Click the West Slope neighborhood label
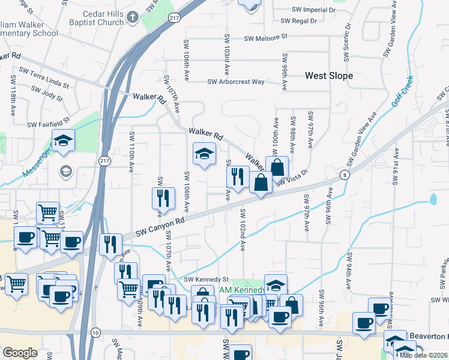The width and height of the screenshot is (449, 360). point(329,76)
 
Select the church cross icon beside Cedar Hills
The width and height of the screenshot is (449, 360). point(133,17)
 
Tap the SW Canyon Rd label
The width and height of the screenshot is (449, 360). point(158,226)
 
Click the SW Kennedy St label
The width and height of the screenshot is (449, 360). point(206,280)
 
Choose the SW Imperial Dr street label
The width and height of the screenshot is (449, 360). point(313,10)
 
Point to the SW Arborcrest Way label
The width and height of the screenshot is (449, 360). point(236,82)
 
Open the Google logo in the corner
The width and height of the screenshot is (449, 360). point(20,353)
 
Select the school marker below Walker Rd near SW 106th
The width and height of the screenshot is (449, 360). point(204,154)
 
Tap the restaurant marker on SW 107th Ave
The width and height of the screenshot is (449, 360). point(163,197)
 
